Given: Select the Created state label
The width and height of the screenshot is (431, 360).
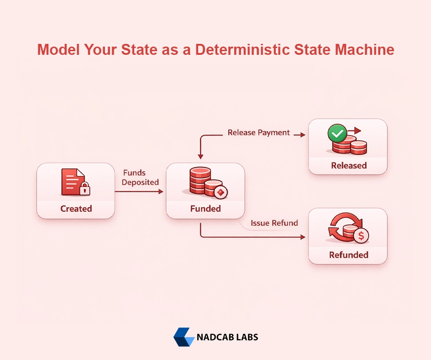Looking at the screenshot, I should point(76,209).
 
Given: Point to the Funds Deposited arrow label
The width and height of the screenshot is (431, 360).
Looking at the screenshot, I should point(141,177).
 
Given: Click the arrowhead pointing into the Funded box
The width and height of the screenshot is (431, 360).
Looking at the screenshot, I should point(161,192).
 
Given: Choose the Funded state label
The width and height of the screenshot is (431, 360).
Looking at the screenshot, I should point(205,209).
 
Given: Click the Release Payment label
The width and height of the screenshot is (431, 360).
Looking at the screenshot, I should point(259,132).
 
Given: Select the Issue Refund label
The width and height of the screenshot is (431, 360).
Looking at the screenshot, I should point(274,223).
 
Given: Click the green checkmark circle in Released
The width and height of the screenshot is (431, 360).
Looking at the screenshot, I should point(337,134).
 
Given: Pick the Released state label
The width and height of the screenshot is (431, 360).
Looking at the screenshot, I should point(349,165).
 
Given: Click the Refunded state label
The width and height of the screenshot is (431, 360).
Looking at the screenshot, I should point(349,254).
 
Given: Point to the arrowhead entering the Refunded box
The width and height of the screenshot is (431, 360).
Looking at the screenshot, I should point(303,237).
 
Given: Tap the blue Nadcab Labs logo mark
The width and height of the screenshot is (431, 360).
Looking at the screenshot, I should point(184,337).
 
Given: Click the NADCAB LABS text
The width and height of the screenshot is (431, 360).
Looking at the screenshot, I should point(227,338).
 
